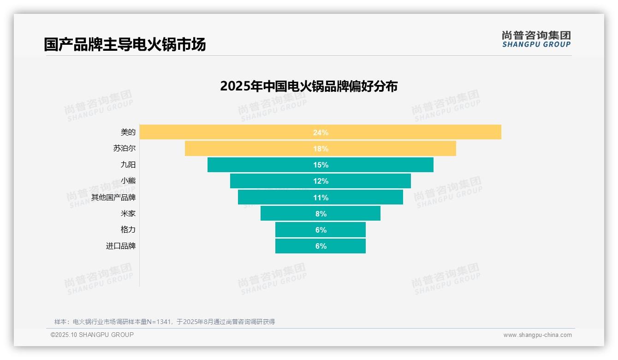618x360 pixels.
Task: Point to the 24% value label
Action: click(321, 132)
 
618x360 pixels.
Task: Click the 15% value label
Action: click(321, 165)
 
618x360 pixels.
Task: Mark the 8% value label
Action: click(321, 214)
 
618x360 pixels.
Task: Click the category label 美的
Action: click(128, 132)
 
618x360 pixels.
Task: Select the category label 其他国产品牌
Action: click(113, 197)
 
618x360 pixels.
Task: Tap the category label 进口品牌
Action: click(121, 246)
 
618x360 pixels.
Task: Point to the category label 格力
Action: click(128, 230)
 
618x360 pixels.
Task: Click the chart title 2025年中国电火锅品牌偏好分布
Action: click(309, 86)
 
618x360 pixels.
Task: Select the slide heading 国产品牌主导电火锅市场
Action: click(125, 44)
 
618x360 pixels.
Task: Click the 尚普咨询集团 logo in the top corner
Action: click(536, 39)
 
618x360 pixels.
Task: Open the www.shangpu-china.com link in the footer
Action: click(537, 335)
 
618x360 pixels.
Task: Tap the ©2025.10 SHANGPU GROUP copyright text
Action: click(92, 335)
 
